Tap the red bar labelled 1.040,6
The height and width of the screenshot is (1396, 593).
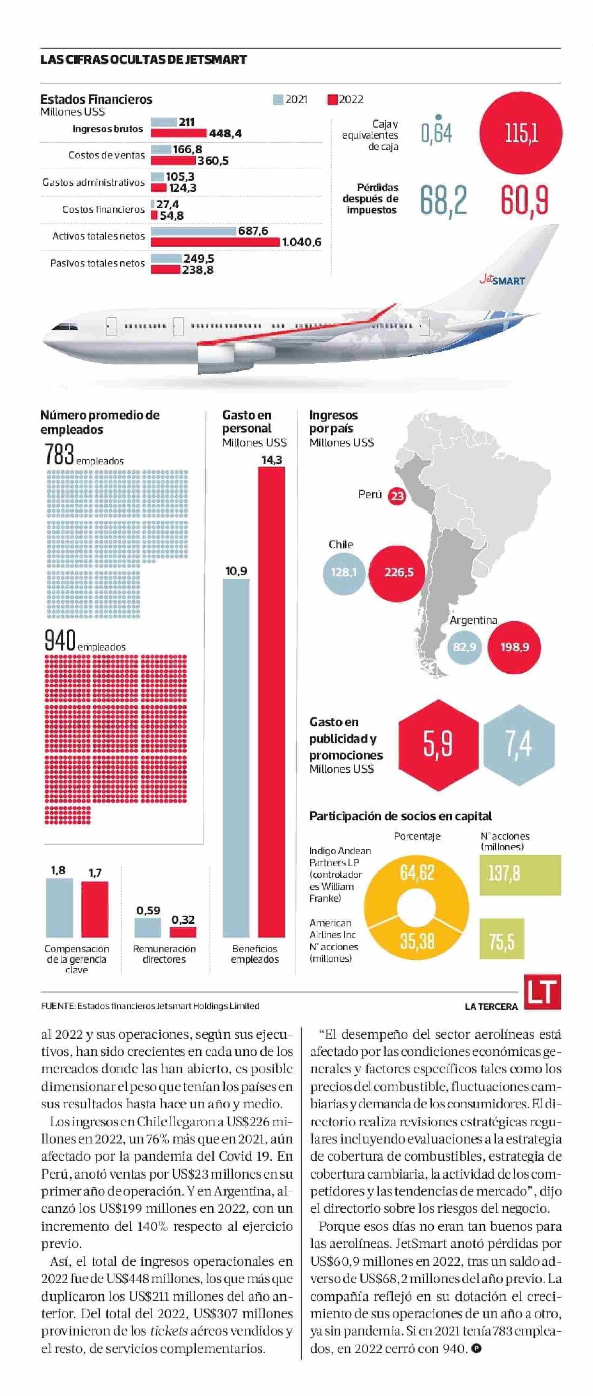(215, 242)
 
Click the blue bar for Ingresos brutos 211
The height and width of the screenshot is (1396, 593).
(164, 122)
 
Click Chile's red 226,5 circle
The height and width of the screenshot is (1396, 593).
(399, 573)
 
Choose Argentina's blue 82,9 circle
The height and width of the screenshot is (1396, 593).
(465, 647)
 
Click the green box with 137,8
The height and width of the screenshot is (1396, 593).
(520, 874)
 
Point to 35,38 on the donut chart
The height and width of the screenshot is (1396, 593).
(417, 941)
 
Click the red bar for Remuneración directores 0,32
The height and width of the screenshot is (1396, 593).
(183, 932)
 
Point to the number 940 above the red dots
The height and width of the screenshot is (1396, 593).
(59, 640)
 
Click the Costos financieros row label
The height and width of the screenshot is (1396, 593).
(103, 210)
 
